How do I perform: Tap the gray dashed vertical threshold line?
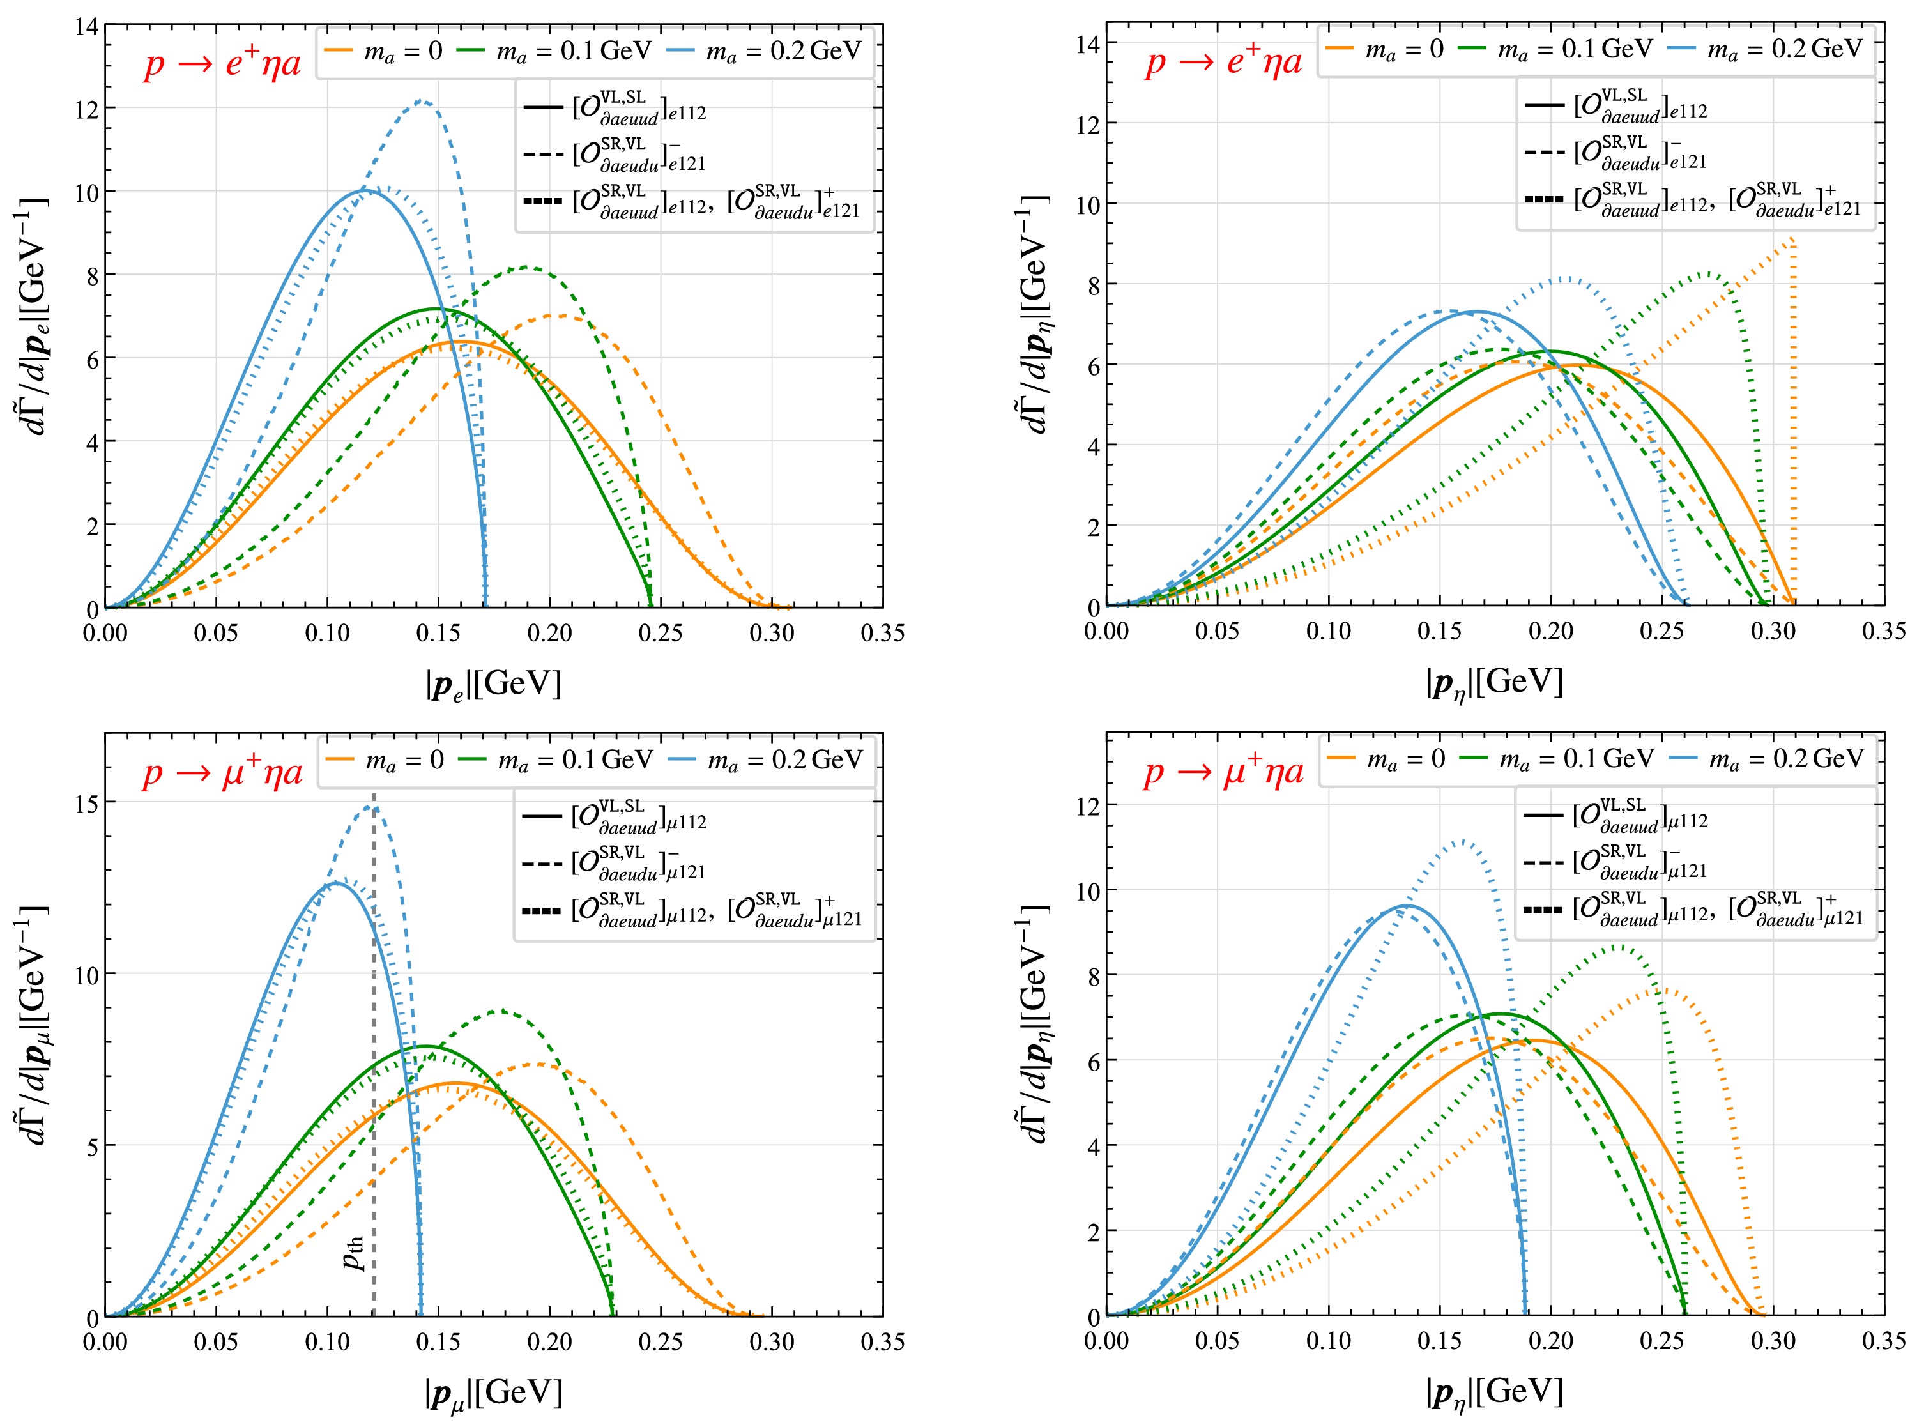click(373, 1080)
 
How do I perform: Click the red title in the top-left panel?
click(222, 65)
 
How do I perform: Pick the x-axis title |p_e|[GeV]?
click(493, 684)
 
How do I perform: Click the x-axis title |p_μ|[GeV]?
click(493, 1393)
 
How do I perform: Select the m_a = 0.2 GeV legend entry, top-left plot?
click(765, 51)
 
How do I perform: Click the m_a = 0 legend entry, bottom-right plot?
click(1386, 758)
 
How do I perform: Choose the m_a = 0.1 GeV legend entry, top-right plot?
click(1555, 49)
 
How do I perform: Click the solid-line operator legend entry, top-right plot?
click(1615, 106)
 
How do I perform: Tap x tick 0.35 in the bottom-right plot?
click(1883, 1341)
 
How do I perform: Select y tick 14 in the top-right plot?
click(1088, 44)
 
